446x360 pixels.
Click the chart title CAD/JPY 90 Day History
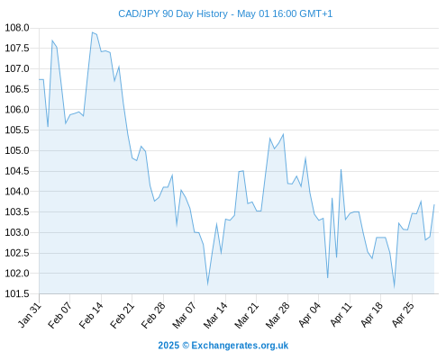point(173,13)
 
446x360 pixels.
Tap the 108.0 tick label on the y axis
point(17,28)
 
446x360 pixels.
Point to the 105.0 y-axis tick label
point(17,150)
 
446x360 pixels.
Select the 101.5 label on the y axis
point(17,293)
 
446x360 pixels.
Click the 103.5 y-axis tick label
point(17,212)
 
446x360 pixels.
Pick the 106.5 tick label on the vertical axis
point(17,89)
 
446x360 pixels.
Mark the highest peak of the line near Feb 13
point(92,32)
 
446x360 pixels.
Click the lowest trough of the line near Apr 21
point(394,287)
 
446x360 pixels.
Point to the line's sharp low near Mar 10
point(207,283)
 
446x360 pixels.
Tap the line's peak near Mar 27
point(283,134)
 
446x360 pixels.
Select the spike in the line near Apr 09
point(341,170)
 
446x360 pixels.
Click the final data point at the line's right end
point(434,204)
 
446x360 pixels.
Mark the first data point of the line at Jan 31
point(39,79)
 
